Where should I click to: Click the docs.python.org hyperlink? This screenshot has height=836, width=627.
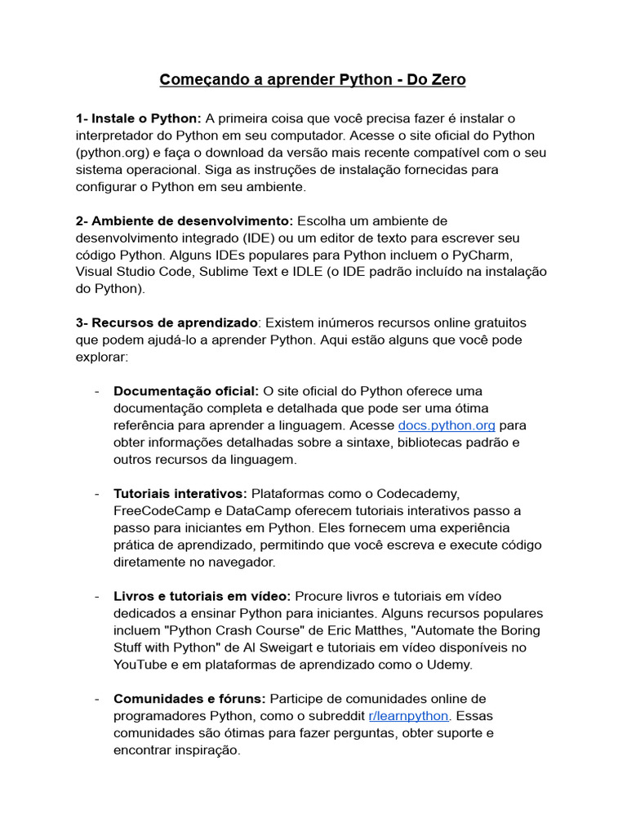pyautogui.click(x=447, y=425)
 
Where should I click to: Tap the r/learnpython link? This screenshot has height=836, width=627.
pyautogui.click(x=408, y=716)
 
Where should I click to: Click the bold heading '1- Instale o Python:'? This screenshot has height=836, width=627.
pyautogui.click(x=139, y=118)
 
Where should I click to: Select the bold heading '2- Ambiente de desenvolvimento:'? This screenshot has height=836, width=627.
pyautogui.click(x=185, y=220)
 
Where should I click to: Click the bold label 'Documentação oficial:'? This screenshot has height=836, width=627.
pyautogui.click(x=186, y=391)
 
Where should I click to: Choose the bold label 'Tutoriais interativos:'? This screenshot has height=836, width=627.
pyautogui.click(x=180, y=494)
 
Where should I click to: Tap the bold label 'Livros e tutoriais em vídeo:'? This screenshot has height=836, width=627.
pyautogui.click(x=202, y=597)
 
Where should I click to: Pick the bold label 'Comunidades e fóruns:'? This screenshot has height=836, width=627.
pyautogui.click(x=189, y=699)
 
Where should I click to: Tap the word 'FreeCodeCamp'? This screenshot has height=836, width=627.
pyautogui.click(x=158, y=511)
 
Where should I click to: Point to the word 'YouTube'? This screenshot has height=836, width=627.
pyautogui.click(x=139, y=665)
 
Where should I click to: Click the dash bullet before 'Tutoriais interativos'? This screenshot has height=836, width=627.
pyautogui.click(x=96, y=494)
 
